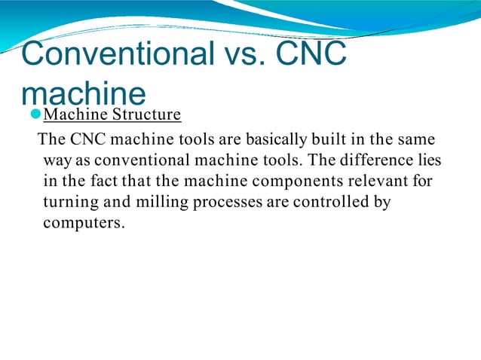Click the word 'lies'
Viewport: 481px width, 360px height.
point(430,160)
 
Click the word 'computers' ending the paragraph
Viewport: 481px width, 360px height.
point(80,224)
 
